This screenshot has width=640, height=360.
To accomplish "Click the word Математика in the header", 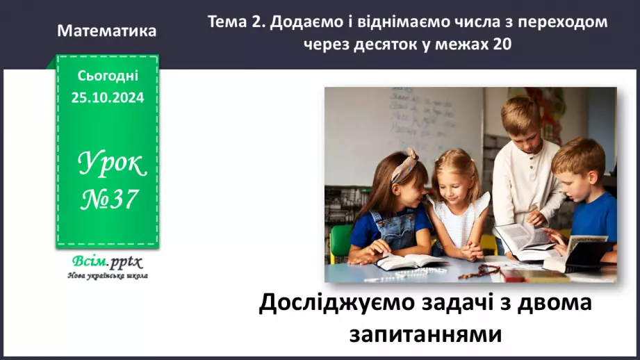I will coord(107,31).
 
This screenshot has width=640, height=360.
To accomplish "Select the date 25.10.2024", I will coord(107,98).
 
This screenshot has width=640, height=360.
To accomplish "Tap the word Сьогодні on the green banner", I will coord(107,75).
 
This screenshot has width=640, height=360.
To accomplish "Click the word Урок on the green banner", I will coord(111,164).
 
